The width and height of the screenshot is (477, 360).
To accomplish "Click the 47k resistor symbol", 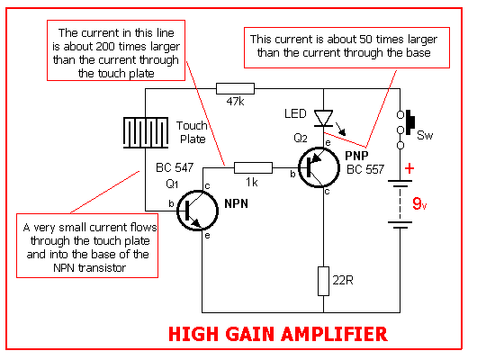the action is coord(235,88).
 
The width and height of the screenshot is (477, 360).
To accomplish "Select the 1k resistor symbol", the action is coord(253,167).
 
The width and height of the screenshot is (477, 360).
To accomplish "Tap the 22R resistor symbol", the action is coord(323,281).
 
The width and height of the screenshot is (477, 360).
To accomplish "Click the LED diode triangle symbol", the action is coord(323,118).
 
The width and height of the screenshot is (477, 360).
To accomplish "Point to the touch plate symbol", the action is coord(146,132).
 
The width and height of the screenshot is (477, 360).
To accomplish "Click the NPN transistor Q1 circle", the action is coord(197,211).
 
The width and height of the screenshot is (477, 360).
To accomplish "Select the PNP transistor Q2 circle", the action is coord(319,167).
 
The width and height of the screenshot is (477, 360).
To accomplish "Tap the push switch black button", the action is coord(410,122).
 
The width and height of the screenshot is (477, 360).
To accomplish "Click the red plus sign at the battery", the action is coord(409,168).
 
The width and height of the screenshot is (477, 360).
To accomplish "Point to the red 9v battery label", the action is coord(419,203).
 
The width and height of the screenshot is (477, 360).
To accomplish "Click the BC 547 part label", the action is coord(175,167).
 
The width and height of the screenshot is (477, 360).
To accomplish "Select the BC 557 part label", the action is coord(365,169).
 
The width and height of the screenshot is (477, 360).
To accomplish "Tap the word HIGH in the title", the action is coord(193,334).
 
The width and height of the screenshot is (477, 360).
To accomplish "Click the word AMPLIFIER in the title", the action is coord(334,334).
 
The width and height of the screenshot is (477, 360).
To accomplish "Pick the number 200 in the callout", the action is coord(105,47).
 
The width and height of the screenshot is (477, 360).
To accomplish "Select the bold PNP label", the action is coord(356,156).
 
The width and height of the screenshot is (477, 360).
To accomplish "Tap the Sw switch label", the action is coord(425,135).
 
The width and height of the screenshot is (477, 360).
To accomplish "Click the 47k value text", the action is coord(235,102).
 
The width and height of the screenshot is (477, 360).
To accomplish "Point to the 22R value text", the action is coord(343,280).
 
